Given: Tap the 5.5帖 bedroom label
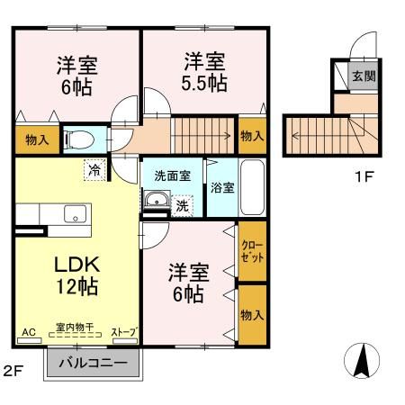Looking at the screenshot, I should [x=205, y=72].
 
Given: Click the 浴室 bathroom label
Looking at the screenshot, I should [x=221, y=188].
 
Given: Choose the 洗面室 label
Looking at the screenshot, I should [x=171, y=175].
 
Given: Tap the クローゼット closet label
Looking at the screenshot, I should [x=252, y=252].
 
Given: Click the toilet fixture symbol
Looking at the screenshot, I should [x=78, y=139].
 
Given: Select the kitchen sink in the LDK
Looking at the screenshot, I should [x=73, y=214].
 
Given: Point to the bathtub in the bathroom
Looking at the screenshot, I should [x=253, y=187].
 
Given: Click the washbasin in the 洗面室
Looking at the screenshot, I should [x=156, y=202].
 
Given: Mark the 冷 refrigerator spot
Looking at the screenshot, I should [x=93, y=167].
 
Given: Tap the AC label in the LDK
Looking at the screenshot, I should [x=27, y=333].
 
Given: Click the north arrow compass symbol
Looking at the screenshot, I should [x=362, y=362].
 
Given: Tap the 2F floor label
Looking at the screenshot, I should [x=12, y=370].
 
